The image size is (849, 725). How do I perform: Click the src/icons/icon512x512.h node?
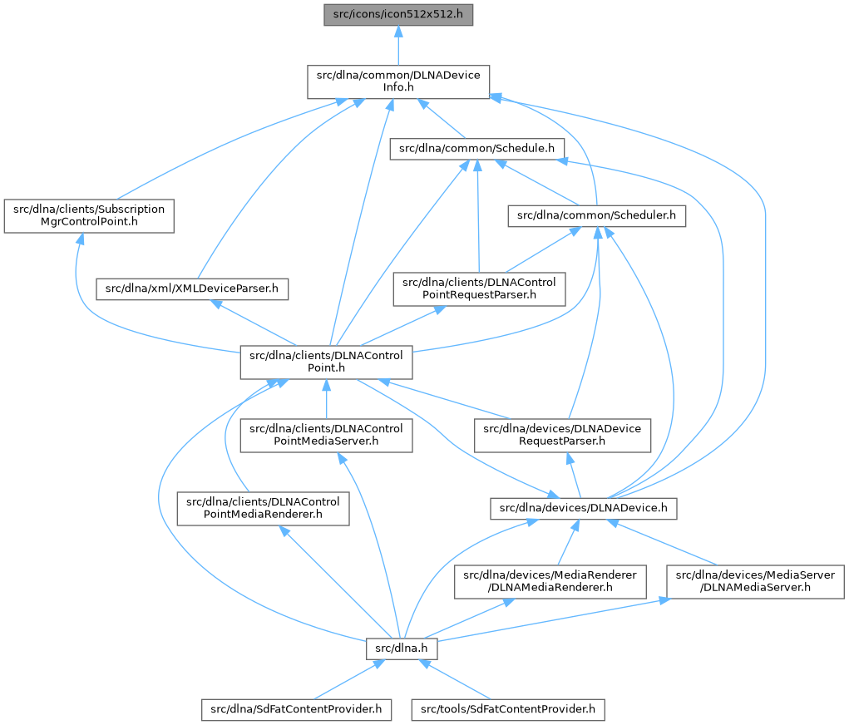pos(398,14)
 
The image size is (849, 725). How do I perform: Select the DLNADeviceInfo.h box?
pos(398,81)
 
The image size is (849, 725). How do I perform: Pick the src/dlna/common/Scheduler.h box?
pos(597,216)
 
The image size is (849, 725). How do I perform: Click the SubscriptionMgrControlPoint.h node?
pos(89,215)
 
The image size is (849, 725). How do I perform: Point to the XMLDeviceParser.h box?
pos(193,289)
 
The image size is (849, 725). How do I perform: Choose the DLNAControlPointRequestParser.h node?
pos(480,289)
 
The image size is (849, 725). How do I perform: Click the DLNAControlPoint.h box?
pos(327,362)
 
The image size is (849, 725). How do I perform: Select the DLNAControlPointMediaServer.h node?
pos(327,435)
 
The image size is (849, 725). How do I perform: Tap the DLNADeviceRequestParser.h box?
pos(563,435)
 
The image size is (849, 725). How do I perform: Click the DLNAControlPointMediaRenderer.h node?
pos(263,508)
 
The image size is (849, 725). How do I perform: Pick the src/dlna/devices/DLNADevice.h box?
pos(584,508)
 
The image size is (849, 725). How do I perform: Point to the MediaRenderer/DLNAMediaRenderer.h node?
pos(550,581)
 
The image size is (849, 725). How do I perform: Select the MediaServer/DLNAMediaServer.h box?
pos(757,581)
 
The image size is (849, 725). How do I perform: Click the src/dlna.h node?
pos(402,648)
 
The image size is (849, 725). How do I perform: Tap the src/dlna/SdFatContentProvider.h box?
pos(296,709)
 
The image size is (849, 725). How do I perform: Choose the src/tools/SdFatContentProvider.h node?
pos(507,709)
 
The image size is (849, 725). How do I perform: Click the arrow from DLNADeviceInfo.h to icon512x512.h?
pos(398,46)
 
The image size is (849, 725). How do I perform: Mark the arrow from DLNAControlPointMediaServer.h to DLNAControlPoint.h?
pos(327,399)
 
